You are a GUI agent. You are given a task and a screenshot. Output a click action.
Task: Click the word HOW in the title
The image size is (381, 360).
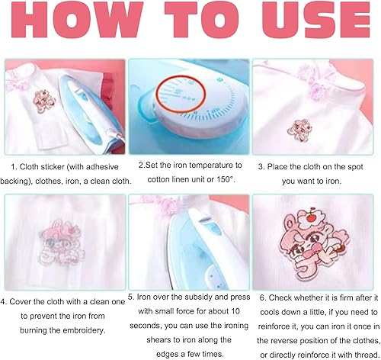pos(76,20)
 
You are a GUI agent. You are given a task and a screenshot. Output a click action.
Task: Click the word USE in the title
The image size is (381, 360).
pos(316,20)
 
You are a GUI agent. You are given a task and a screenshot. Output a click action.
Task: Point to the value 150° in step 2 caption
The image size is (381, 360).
pos(225,179)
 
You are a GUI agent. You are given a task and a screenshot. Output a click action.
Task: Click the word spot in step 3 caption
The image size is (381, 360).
pos(354,167)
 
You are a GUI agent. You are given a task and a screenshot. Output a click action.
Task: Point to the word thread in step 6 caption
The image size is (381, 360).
pos(367,355)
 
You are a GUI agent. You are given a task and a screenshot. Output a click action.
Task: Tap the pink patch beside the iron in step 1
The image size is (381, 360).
pos(43,101)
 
